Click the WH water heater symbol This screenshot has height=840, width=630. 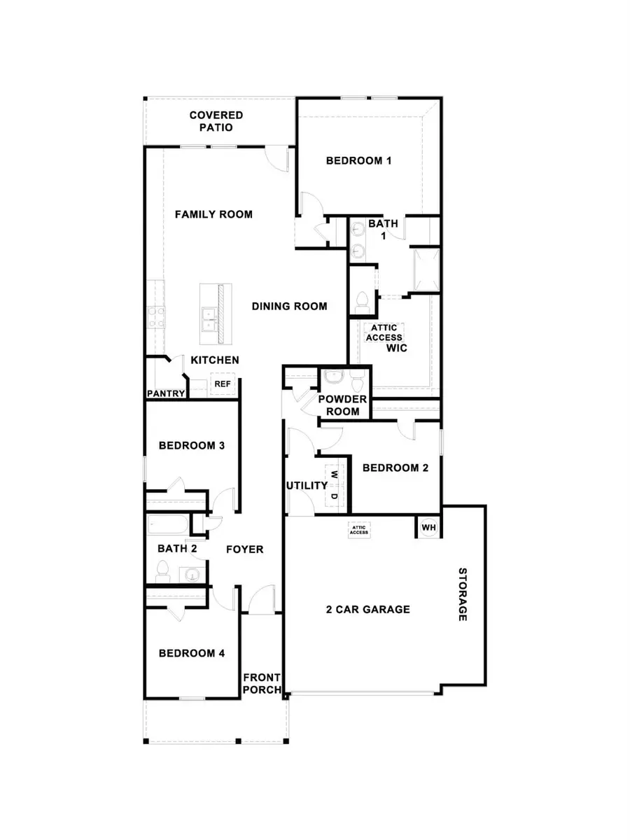[x=428, y=526]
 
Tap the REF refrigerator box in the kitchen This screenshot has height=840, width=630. [x=223, y=384]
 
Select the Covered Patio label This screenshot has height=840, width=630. [x=216, y=121]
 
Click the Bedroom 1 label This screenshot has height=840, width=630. [x=358, y=160]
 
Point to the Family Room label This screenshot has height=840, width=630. [x=213, y=214]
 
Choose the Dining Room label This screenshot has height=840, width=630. [x=290, y=306]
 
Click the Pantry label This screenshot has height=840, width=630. [x=166, y=393]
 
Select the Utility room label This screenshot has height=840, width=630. [x=307, y=485]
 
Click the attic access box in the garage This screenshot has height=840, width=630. [x=359, y=531]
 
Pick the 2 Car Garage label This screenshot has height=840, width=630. [x=367, y=609]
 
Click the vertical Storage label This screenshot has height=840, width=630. [x=462, y=594]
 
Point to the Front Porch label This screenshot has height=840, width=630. [x=262, y=683]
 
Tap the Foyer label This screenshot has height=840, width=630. [x=244, y=549]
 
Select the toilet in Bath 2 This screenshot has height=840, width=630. [x=163, y=570]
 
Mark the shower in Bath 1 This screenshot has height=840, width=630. [x=424, y=269]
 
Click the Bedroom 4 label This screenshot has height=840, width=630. [x=191, y=653]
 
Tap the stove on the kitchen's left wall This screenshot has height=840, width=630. [x=154, y=318]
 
